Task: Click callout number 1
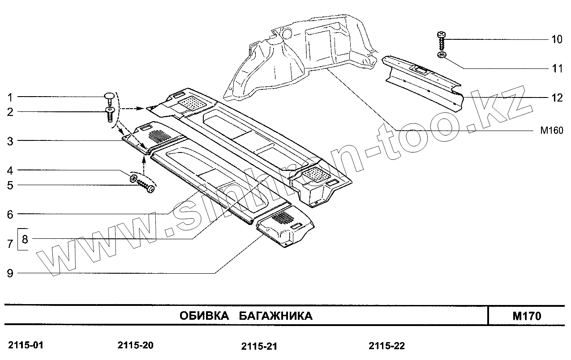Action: pyautogui.click(x=10, y=97)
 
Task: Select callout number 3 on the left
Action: pyautogui.click(x=10, y=141)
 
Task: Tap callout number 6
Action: pyautogui.click(x=10, y=214)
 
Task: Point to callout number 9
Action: pyautogui.click(x=10, y=273)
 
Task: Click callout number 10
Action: pyautogui.click(x=557, y=39)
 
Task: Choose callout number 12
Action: pyautogui.click(x=557, y=97)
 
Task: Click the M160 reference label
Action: pyautogui.click(x=551, y=131)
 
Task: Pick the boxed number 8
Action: pyautogui.click(x=25, y=239)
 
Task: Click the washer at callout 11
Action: pyautogui.click(x=442, y=55)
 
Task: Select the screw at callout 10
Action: pyautogui.click(x=441, y=40)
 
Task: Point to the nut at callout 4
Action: pyautogui.click(x=133, y=179)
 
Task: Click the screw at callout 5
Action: pyautogui.click(x=145, y=186)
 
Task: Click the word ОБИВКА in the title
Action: pyautogui.click(x=204, y=316)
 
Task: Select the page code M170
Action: pyautogui.click(x=527, y=316)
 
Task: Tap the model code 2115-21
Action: pyautogui.click(x=259, y=347)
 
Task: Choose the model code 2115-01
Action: pyautogui.click(x=26, y=345)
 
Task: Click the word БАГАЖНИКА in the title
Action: pyautogui.click(x=275, y=316)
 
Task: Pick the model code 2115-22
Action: pyautogui.click(x=387, y=346)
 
